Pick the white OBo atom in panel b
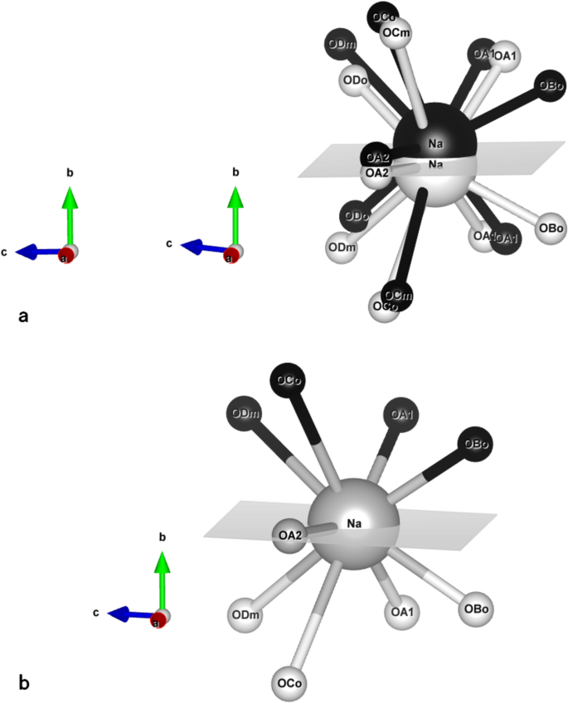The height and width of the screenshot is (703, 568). [x=476, y=609]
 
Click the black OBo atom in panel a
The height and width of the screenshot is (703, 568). [x=551, y=85]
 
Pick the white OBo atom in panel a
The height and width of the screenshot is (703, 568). [x=551, y=228]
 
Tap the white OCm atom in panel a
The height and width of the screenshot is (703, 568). [x=397, y=33]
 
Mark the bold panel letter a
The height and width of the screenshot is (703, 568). [x=23, y=315]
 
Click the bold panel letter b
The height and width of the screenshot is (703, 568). [x=24, y=683]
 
